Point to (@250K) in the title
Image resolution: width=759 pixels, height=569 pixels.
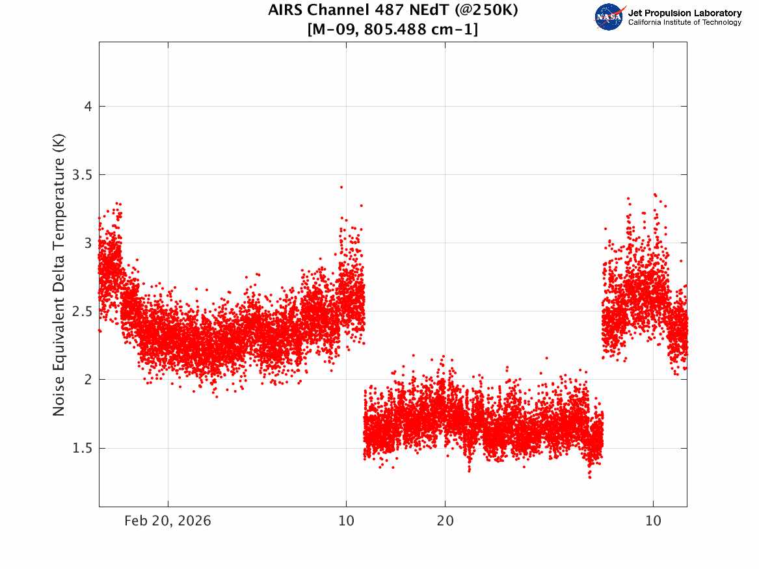486,10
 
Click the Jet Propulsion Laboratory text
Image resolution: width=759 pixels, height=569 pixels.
685,13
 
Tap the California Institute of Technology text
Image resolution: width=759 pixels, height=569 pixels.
685,22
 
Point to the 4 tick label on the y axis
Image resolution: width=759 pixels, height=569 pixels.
88,107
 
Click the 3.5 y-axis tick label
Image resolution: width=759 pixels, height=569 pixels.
83,175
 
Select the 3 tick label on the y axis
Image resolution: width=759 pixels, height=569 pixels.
88,243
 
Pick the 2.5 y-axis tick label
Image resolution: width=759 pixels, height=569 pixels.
83,311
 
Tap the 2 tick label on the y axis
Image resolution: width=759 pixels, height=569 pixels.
88,379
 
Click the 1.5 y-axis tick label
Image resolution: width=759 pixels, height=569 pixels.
83,448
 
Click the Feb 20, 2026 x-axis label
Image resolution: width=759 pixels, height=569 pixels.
168,521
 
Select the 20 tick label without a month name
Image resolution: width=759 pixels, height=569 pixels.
446,521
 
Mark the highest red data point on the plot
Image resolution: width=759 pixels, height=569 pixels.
341,187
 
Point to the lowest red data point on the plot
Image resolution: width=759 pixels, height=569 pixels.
590,477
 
